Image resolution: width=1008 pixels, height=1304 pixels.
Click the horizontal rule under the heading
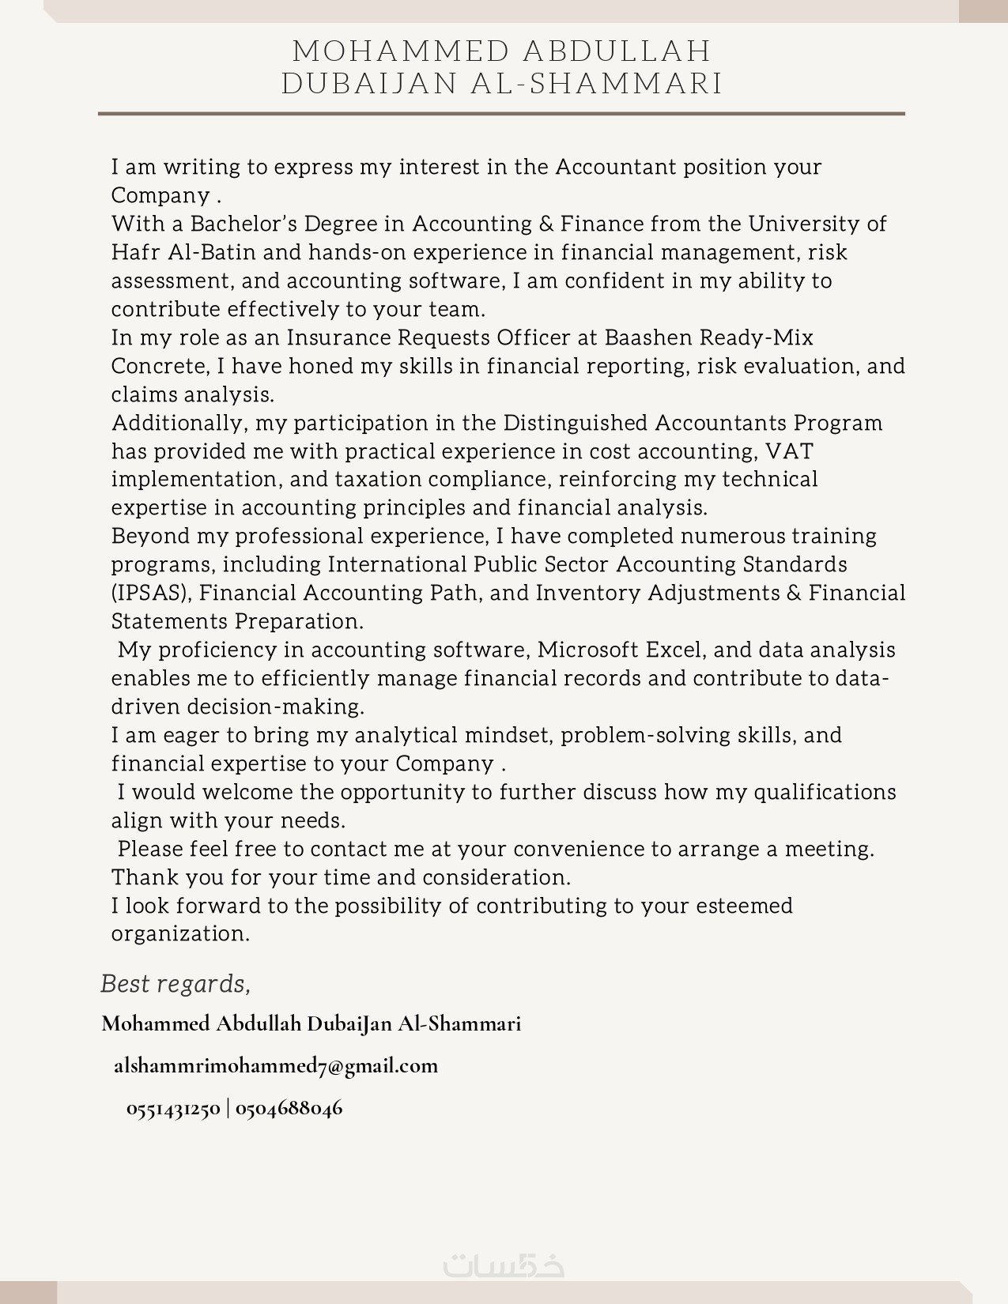pos(501,114)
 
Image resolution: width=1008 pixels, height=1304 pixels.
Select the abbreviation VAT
pos(789,452)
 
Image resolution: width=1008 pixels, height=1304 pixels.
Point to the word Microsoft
pos(587,650)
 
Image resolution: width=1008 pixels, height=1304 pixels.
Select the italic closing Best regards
pos(175,985)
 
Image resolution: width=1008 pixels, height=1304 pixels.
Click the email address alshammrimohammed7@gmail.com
pos(276,1066)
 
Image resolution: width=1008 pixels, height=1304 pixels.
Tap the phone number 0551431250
pos(173,1109)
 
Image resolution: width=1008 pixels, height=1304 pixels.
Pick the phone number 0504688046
pos(289,1109)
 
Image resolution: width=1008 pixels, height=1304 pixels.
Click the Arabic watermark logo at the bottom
pos(504,1265)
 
